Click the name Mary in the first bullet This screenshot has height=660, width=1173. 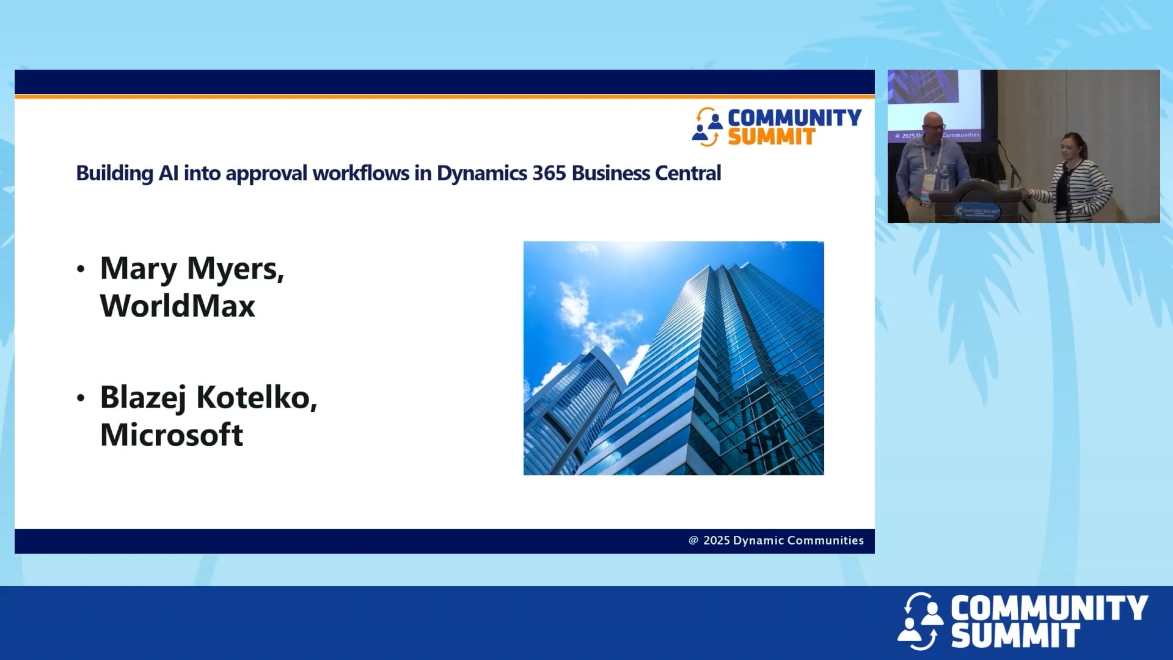point(139,269)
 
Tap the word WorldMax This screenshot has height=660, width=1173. point(177,306)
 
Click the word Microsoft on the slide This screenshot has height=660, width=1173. point(171,435)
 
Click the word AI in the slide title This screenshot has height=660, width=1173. point(168,174)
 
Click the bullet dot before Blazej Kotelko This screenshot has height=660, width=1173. point(81,398)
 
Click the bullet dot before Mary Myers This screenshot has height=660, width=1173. point(81,269)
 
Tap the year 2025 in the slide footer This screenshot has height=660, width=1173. point(716,541)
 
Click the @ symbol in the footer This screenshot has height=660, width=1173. point(693,540)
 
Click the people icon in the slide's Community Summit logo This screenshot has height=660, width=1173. point(707,127)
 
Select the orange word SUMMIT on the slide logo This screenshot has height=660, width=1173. point(771,137)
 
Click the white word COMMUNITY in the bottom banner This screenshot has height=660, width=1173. point(1048,609)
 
